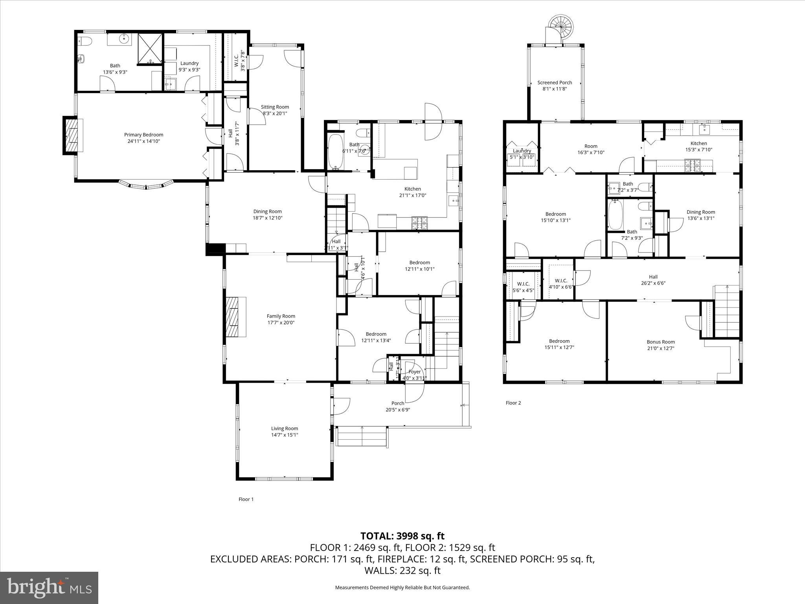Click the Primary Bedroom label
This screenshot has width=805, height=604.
pos(143,135)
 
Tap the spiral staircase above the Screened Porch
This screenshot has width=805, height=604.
pos(561,28)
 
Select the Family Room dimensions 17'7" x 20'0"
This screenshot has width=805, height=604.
pos(281,322)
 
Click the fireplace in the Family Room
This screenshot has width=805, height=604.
pos(235,317)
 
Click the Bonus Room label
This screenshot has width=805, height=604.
pos(660,342)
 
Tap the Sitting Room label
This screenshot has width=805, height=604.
pos(275,107)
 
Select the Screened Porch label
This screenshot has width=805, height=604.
pos(555,83)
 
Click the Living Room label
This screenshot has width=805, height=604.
pos(285,429)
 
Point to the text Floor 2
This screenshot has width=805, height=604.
pos(513,403)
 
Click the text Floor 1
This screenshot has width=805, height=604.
pos(246,499)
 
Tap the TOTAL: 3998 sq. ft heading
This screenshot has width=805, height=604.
pos(402,536)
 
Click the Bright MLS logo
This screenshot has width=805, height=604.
pos(49,587)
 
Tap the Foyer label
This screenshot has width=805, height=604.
pos(415,372)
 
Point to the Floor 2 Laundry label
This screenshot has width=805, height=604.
pos(522,151)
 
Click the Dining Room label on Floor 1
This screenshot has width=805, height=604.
pos(267,212)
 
